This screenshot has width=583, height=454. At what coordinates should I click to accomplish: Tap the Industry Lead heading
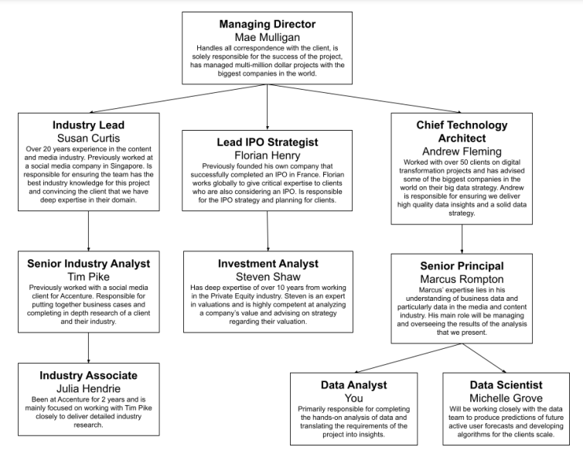tap(88, 125)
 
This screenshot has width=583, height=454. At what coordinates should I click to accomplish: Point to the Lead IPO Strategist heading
tap(268, 142)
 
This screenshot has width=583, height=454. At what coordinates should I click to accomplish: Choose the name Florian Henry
tap(268, 155)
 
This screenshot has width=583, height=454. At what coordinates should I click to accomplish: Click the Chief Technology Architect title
tap(462, 131)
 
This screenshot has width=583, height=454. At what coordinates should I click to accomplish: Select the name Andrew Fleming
tap(462, 152)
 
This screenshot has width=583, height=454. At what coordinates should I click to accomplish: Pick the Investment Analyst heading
tap(268, 263)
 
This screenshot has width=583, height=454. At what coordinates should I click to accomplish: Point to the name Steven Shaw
tap(268, 275)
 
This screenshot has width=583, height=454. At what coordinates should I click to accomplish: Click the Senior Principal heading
tap(462, 266)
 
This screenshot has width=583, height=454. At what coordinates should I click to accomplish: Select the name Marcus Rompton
tap(462, 278)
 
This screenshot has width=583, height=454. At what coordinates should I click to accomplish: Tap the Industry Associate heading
tap(88, 375)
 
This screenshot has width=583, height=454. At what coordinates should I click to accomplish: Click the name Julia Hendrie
tap(88, 388)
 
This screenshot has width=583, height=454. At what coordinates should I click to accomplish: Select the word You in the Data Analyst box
tap(353, 398)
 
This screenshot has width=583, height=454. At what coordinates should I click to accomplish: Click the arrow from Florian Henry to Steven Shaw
tap(268, 229)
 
